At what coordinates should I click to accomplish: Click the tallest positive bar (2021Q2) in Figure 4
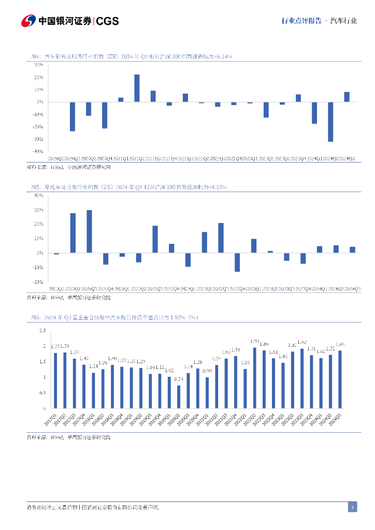pyautogui.click(x=137, y=88)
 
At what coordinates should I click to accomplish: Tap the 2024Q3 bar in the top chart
pyautogui.click(x=347, y=97)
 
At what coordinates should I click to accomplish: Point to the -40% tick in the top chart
pyautogui.click(x=38, y=152)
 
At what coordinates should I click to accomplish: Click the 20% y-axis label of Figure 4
pyautogui.click(x=39, y=77)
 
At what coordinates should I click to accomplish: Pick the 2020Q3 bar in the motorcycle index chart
pyautogui.click(x=89, y=231)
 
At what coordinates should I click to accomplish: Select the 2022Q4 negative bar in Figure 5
pyautogui.click(x=237, y=262)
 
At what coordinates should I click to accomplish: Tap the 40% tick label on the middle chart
pyautogui.click(x=38, y=195)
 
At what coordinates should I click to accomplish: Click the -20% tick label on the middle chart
pyautogui.click(x=38, y=282)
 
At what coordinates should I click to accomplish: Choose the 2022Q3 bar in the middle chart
pyautogui.click(x=221, y=238)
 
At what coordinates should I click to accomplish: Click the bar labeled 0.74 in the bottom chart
pyautogui.click(x=179, y=396)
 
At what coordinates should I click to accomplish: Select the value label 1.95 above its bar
pyautogui.click(x=255, y=341)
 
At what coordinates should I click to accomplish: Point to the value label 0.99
pyautogui.click(x=207, y=371)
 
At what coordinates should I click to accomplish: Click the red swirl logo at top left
pyautogui.click(x=28, y=21)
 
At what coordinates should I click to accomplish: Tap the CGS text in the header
pyautogui.click(x=108, y=21)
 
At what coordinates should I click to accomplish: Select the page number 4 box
pyautogui.click(x=352, y=507)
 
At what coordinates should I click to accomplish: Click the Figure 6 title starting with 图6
pyautogui.click(x=114, y=317)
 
